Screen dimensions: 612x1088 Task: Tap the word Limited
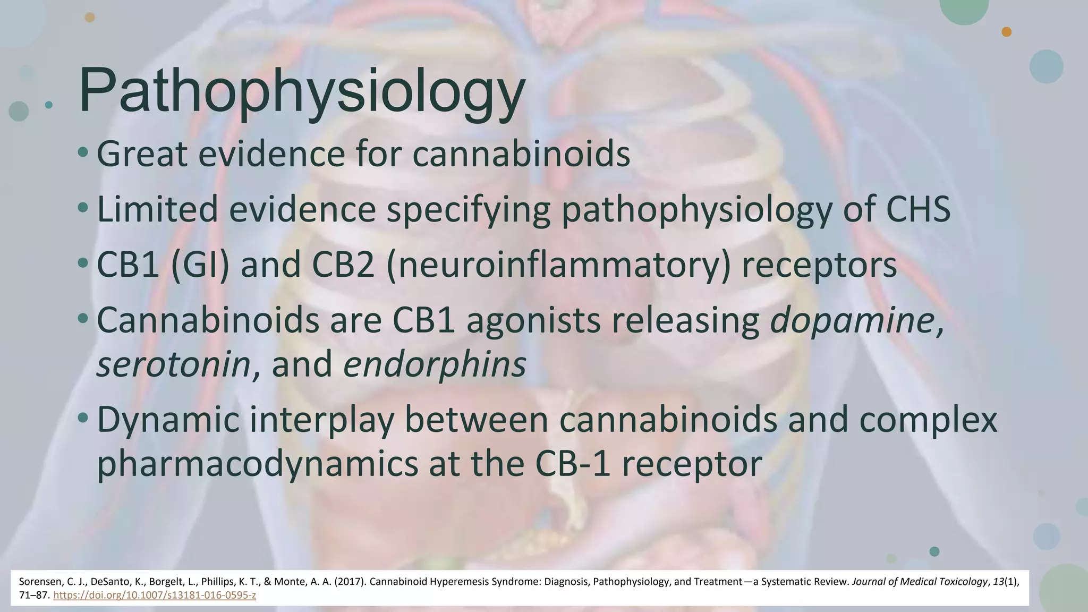coord(157,209)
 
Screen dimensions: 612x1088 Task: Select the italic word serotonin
coord(173,364)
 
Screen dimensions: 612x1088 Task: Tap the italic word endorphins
coord(435,364)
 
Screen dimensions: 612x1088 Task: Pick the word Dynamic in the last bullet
coord(168,420)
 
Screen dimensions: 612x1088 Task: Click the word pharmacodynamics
coord(257,464)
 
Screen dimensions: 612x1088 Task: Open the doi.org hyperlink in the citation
coord(155,595)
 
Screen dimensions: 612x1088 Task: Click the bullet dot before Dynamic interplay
coord(82,419)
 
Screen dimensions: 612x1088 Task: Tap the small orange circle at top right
coord(1006,32)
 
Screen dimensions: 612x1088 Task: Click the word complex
coord(928,420)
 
